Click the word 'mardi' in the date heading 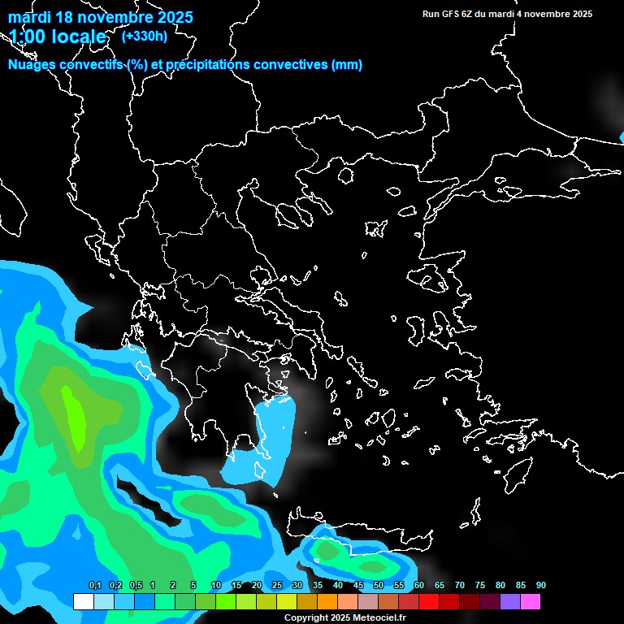pyautogui.click(x=28, y=17)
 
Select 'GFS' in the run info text pyautogui.click(x=450, y=14)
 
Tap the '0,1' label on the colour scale pyautogui.click(x=94, y=586)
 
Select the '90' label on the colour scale pyautogui.click(x=541, y=586)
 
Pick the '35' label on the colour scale pyautogui.click(x=318, y=586)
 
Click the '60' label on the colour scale pyautogui.click(x=419, y=586)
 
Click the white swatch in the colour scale pyautogui.click(x=83, y=602)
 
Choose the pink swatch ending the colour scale pyautogui.click(x=531, y=602)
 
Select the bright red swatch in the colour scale pyautogui.click(x=429, y=602)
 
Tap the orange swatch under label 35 pyautogui.click(x=327, y=602)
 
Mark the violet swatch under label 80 pyautogui.click(x=510, y=602)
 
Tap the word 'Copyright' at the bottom pyautogui.click(x=305, y=617)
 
